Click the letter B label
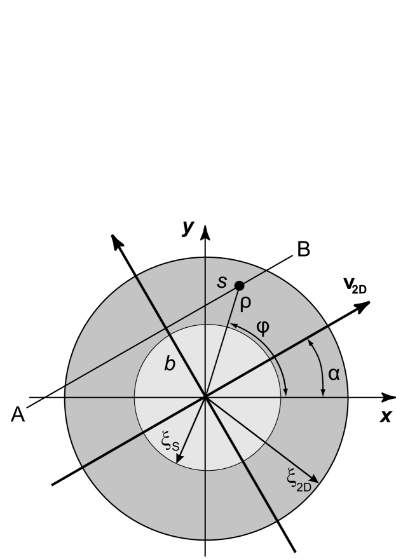click(x=303, y=250)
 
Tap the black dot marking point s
click(x=239, y=286)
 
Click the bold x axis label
click(x=385, y=416)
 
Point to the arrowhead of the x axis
click(x=388, y=398)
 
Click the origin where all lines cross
click(x=205, y=398)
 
